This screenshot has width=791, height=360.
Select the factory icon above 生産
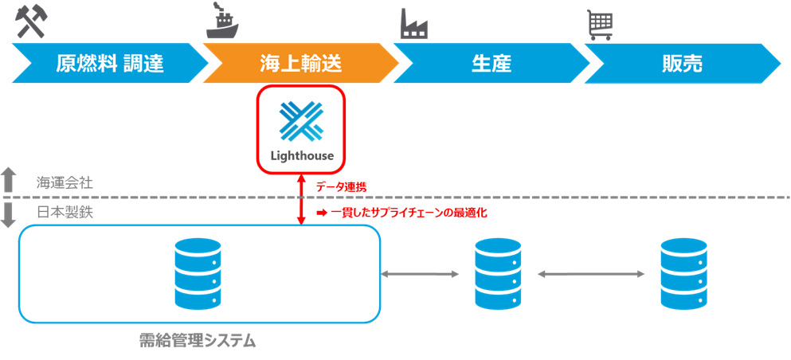(413, 22)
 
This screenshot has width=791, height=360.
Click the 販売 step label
(682, 64)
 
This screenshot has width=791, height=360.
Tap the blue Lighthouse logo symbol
(301, 121)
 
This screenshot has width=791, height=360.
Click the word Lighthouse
(301, 155)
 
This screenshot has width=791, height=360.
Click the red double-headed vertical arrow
(301, 199)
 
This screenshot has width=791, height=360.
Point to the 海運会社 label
(65, 182)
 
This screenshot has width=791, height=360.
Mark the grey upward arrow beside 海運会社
(8, 180)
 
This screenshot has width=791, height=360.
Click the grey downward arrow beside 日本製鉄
(8, 215)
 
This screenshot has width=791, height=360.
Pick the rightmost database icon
(684, 274)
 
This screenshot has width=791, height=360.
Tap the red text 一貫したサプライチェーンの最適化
(401, 213)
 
